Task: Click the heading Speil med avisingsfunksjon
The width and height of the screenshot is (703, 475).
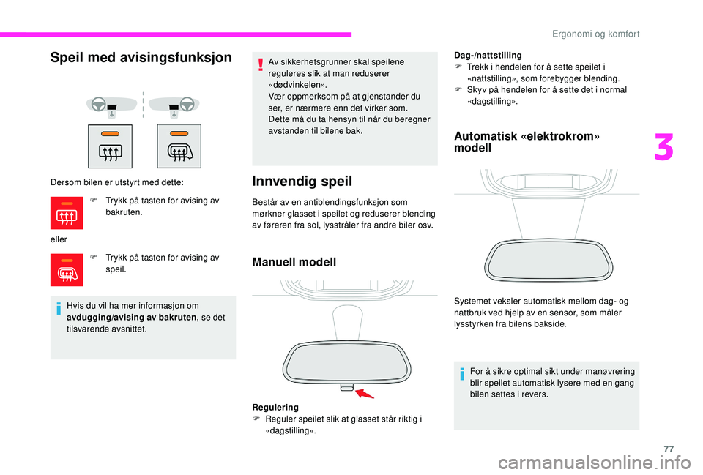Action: click(x=141, y=58)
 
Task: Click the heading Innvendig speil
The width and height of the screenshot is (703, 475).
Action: click(x=302, y=181)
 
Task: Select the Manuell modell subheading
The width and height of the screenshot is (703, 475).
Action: click(x=294, y=261)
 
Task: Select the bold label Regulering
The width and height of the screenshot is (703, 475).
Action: click(x=275, y=406)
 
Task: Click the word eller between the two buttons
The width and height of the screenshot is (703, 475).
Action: click(x=58, y=238)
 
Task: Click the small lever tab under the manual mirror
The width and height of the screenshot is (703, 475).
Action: click(x=346, y=387)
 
